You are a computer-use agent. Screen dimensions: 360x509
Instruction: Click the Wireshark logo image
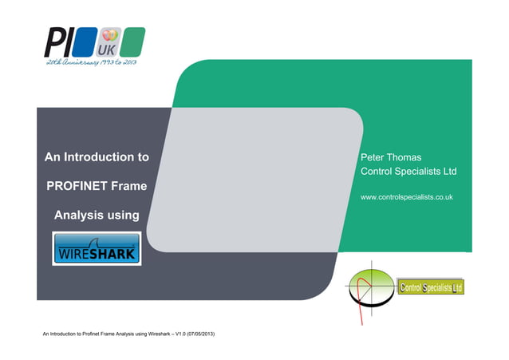click(x=97, y=248)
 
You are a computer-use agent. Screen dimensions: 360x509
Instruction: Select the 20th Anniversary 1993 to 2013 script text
click(x=91, y=63)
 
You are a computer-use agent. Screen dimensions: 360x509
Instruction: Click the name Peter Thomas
click(x=391, y=157)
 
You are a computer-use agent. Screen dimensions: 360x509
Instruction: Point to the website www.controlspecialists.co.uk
click(x=408, y=196)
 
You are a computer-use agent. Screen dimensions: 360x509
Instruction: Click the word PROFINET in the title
click(x=77, y=186)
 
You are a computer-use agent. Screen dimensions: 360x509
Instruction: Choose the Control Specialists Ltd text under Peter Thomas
click(x=408, y=172)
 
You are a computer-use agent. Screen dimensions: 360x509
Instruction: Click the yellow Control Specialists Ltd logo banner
click(x=430, y=287)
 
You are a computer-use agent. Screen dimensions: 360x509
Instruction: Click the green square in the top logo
click(x=134, y=41)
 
